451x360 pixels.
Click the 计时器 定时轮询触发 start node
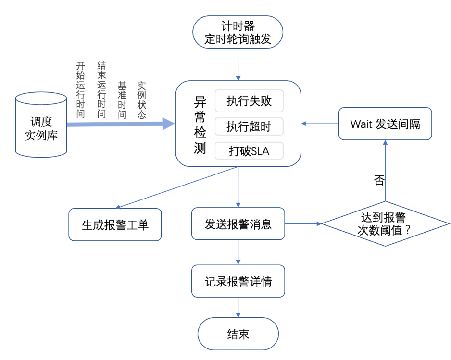238,32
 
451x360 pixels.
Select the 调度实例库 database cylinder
41,124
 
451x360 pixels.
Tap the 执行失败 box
249,101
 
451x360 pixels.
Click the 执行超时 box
249,126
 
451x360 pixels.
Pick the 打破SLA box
249,151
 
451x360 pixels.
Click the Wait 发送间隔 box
385,124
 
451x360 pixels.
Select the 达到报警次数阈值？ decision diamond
385,223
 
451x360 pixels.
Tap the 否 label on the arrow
379,180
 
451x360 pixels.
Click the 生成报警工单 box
115,224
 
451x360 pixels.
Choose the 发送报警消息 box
238,223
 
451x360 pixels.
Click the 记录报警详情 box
238,281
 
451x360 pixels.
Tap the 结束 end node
238,334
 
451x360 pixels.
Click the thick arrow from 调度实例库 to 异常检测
120,124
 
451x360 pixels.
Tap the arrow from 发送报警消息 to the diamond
303,223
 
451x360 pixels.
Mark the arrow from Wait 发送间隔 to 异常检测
320,124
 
